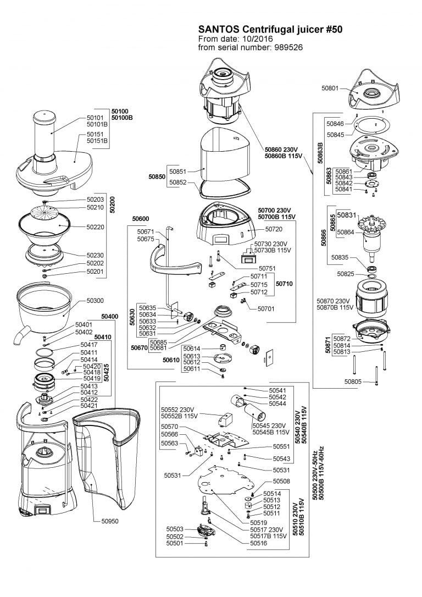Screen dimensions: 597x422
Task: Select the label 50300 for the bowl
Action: [x=96, y=301]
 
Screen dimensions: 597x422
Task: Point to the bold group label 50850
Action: [x=158, y=177]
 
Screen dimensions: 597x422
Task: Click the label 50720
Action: [x=274, y=228]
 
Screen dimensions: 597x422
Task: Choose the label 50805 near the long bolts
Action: [x=354, y=381]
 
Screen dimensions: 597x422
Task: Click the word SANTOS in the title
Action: [x=218, y=30]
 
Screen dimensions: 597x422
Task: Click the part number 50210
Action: [x=96, y=207]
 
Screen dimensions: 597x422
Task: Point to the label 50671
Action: [x=147, y=232]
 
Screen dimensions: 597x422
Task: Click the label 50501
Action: [x=175, y=543]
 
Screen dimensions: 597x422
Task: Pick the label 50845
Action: [x=335, y=134]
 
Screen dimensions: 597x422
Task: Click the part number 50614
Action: [x=192, y=349]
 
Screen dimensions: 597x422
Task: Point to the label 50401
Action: [x=84, y=325]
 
